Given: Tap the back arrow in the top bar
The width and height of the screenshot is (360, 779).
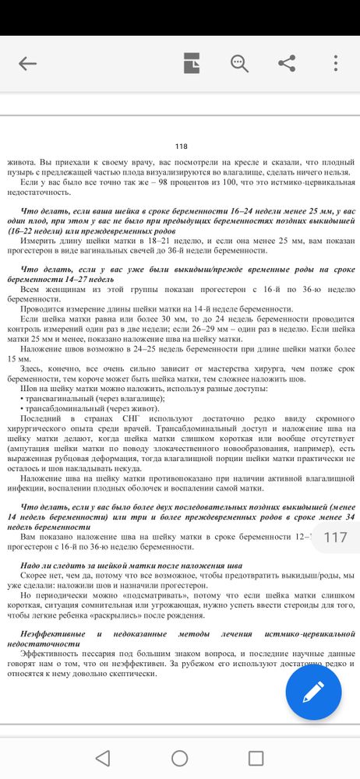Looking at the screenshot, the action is (x=28, y=64).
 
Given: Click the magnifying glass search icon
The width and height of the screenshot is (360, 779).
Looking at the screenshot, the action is (x=239, y=64).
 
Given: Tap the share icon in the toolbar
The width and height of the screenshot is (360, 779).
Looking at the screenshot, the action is (x=287, y=64).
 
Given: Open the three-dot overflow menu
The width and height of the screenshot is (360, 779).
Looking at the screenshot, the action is (x=336, y=64).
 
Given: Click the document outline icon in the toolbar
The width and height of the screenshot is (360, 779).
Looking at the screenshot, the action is (x=192, y=64).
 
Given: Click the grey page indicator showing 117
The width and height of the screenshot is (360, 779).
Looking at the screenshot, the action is (x=335, y=537).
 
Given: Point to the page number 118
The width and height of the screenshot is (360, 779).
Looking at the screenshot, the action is (x=182, y=147).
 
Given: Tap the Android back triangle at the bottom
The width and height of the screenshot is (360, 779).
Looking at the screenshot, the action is (x=103, y=757).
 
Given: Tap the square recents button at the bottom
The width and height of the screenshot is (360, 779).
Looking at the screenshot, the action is (x=256, y=757).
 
